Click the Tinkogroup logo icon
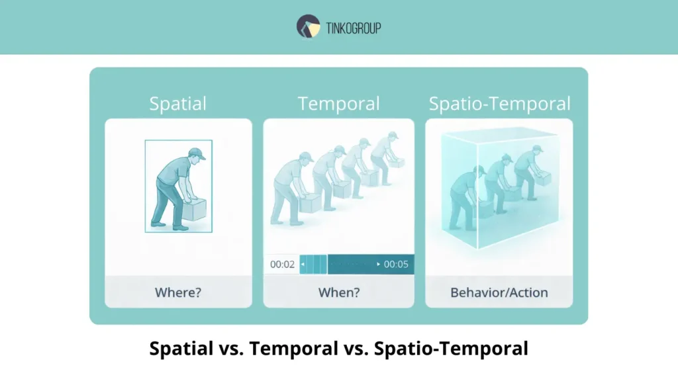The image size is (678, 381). [x=309, y=26]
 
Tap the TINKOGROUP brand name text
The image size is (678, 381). [x=353, y=28]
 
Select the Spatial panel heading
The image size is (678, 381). [x=177, y=104]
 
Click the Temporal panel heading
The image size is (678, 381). [x=338, y=104]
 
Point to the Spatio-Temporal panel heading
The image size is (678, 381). [x=499, y=104]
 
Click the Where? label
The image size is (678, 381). [x=177, y=292]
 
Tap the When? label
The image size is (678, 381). [x=338, y=292]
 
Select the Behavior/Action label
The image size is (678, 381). [x=499, y=292]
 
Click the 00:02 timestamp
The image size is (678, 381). [x=282, y=265]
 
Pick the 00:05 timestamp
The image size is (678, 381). [x=396, y=265]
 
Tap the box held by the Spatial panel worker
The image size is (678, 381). [x=193, y=210]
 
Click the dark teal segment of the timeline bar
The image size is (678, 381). [x=351, y=265]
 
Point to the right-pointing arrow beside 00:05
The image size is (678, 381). [x=379, y=265]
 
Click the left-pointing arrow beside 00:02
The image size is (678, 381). [x=303, y=265]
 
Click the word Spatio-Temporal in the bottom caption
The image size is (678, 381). [x=451, y=349]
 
